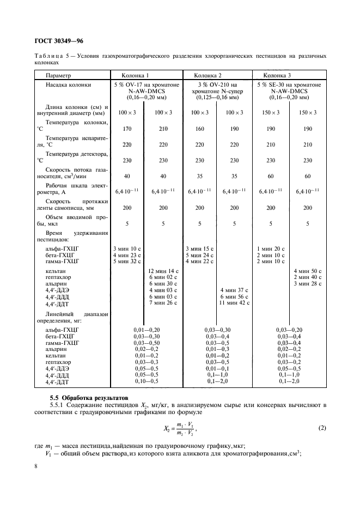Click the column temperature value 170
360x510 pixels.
[x=127, y=130]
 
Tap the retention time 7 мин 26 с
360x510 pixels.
[x=163, y=303]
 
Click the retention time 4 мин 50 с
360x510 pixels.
[x=308, y=271]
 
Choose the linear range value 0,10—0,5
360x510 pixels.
[x=147, y=381]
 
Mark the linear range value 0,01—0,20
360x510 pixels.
[x=147, y=330]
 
